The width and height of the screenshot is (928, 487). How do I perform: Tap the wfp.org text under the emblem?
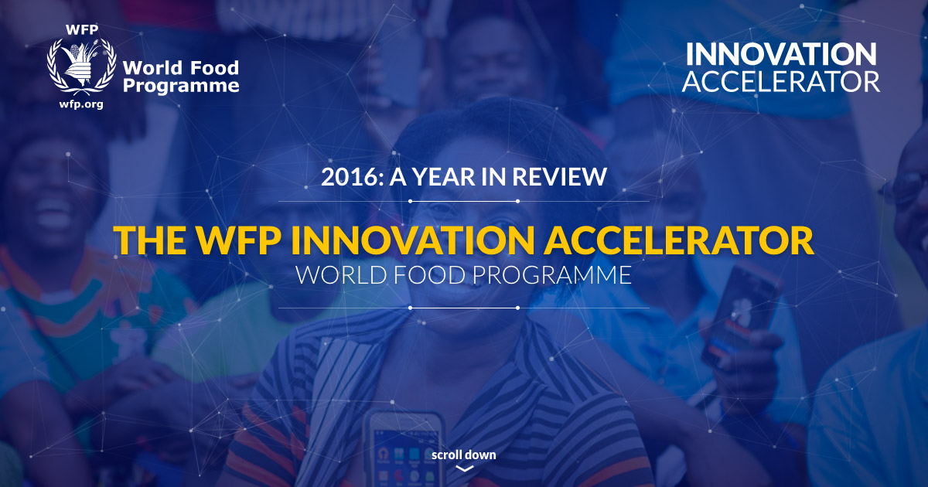75,103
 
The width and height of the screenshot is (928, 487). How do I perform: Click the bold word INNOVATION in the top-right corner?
781,54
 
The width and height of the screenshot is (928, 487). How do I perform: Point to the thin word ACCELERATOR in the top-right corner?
781,81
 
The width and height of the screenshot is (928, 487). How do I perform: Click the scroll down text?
464,455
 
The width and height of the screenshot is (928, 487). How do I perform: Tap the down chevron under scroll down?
464,468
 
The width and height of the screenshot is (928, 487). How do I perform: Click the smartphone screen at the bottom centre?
404,452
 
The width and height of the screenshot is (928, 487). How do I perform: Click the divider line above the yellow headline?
464,201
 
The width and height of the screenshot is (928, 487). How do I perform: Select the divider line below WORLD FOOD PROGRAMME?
464,308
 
